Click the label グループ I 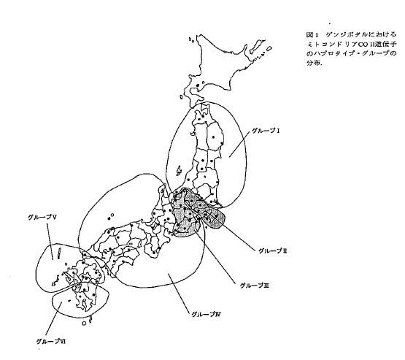pyautogui.click(x=266, y=131)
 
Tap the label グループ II pyautogui.click(x=273, y=250)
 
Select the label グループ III pyautogui.click(x=255, y=286)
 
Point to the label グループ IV pyautogui.click(x=206, y=314)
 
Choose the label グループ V pyautogui.click(x=42, y=218)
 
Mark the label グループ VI pyautogui.click(x=51, y=341)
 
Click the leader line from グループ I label pyautogui.click(x=240, y=143)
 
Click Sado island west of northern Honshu pyautogui.click(x=179, y=171)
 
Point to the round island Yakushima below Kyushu pyautogui.click(x=84, y=323)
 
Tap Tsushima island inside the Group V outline pyautogui.click(x=59, y=253)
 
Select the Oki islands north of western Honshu pyautogui.click(x=111, y=216)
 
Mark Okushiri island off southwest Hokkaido pyautogui.click(x=181, y=97)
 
